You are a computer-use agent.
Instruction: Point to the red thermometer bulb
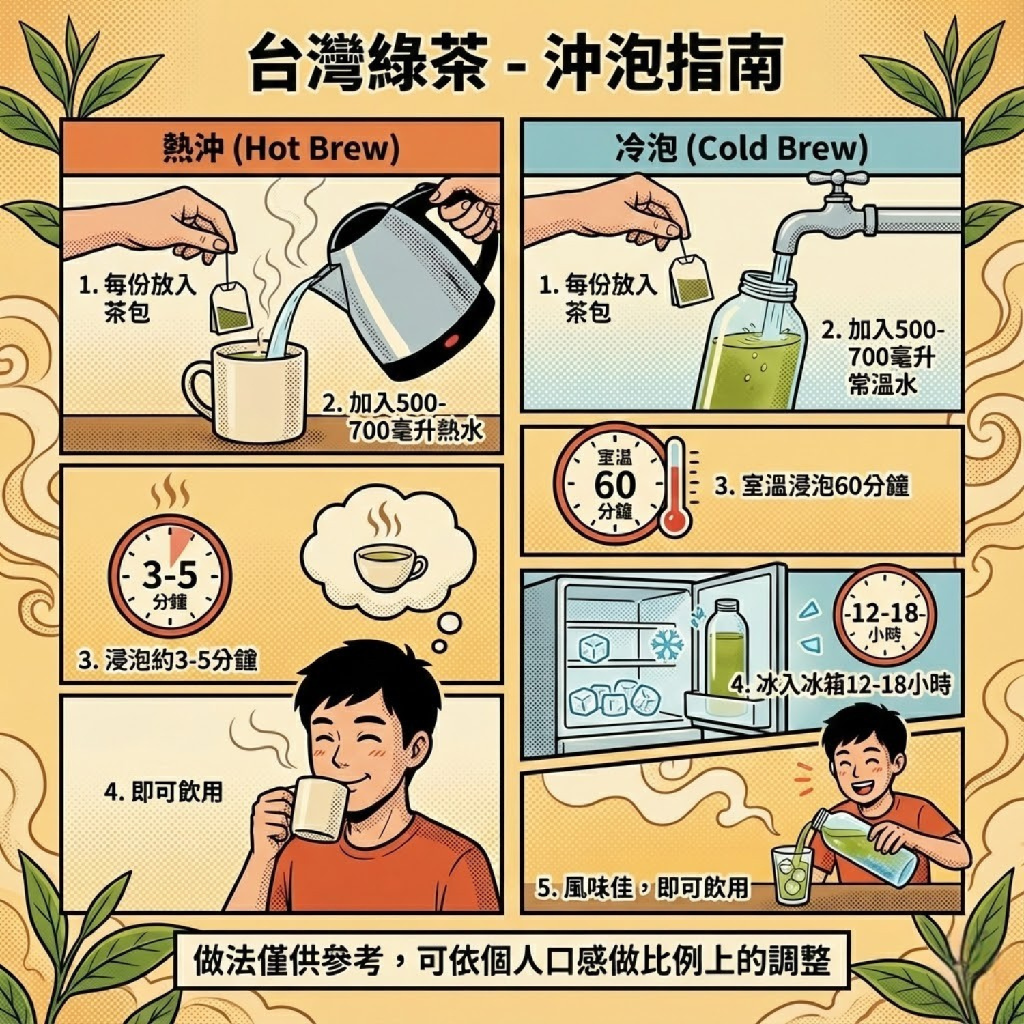point(675,521)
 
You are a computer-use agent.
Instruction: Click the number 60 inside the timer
point(614,485)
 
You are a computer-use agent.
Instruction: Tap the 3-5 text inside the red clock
point(169,575)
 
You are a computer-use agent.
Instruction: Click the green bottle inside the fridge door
point(726,655)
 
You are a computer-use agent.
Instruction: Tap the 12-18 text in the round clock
point(885,612)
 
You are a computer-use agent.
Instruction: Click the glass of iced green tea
point(792,875)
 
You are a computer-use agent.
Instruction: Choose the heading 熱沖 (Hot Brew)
point(281,148)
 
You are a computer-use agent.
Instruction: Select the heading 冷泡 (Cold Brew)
point(741,148)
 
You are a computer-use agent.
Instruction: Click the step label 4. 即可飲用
point(164,792)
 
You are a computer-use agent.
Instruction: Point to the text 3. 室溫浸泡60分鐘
point(812,486)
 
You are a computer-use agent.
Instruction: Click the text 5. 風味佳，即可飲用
point(642,888)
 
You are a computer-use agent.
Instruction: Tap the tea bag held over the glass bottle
point(691,281)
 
